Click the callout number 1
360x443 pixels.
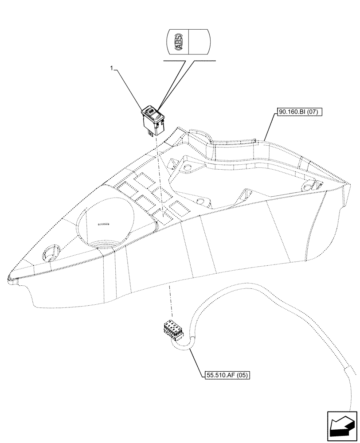113,68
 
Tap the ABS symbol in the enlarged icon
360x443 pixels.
178,42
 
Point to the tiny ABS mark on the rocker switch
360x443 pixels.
151,111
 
